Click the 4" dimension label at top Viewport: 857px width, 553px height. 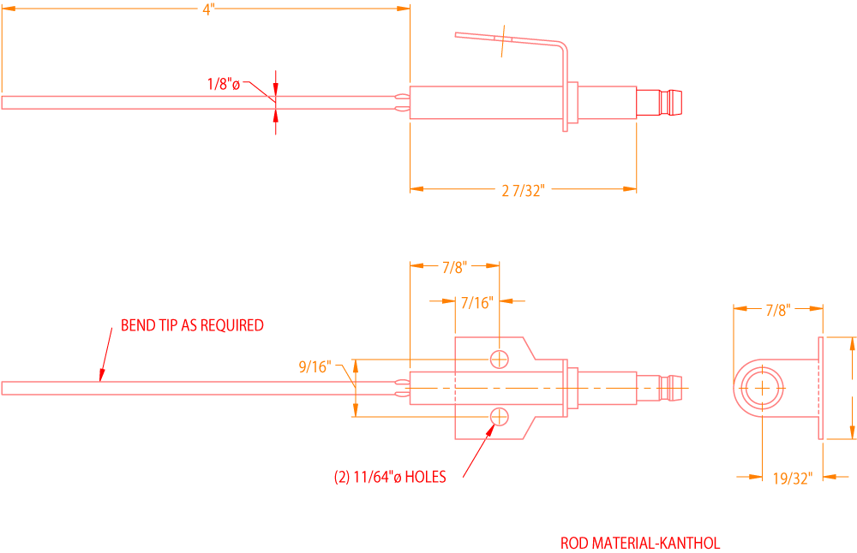tap(207, 9)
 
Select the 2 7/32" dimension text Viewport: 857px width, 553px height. tap(523, 191)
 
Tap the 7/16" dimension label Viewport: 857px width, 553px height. tap(476, 302)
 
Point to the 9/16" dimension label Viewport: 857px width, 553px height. tap(315, 366)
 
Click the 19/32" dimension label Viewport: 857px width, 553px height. tap(792, 479)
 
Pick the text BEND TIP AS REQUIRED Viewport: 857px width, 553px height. tap(192, 325)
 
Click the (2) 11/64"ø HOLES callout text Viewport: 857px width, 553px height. tap(390, 477)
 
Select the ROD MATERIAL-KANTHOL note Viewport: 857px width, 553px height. tap(640, 543)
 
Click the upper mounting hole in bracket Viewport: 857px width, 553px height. tap(499, 359)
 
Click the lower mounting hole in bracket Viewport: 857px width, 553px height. tap(499, 417)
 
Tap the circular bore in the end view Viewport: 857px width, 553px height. tap(762, 389)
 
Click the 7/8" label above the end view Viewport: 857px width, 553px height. tap(777, 309)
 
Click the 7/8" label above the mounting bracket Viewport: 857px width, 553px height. tap(453, 267)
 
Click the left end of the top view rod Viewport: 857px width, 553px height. tap(5, 103)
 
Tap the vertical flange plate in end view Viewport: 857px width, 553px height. tap(821, 389)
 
